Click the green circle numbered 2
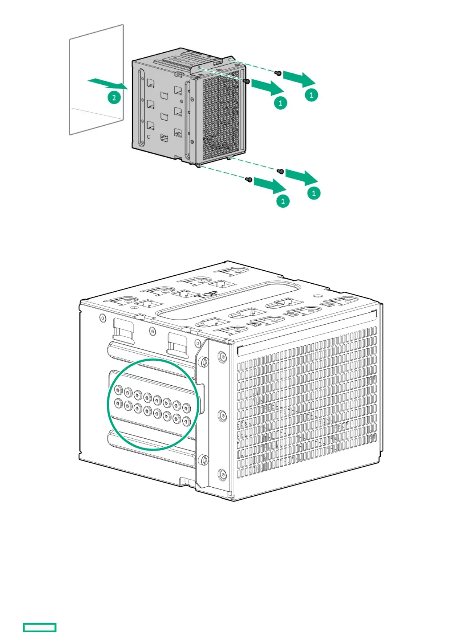tap(114, 97)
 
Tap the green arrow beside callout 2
tap(106, 83)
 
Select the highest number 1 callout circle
tap(311, 95)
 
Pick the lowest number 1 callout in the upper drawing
tap(283, 201)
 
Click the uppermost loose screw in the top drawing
tap(279, 73)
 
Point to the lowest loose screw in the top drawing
tap(249, 179)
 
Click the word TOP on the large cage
tap(206, 294)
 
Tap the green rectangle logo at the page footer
tap(40, 627)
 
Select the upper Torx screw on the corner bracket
tap(204, 361)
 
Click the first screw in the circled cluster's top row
tap(118, 390)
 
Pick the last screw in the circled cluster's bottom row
tap(186, 421)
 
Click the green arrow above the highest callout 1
tap(299, 79)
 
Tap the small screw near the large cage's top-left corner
tap(102, 317)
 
